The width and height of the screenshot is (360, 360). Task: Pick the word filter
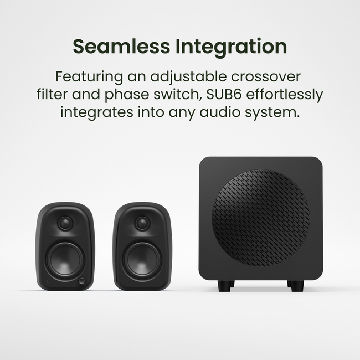click(54, 94)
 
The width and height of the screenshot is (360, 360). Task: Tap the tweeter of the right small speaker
click(142, 223)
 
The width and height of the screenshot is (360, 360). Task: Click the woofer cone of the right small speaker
click(142, 258)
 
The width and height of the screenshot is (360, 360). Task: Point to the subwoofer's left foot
click(225, 286)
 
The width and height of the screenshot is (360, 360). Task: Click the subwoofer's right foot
click(296, 286)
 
